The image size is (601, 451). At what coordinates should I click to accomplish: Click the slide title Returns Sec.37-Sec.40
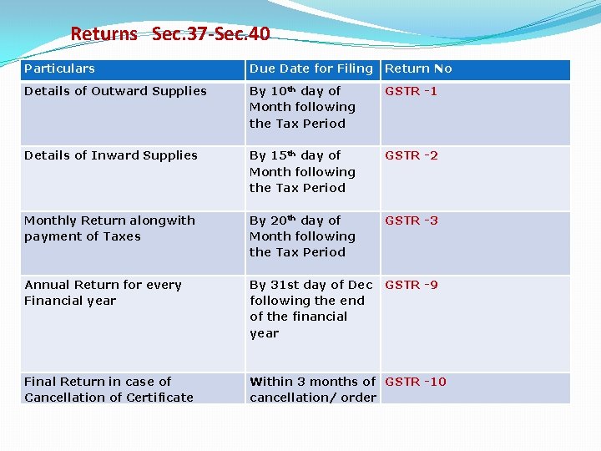170,34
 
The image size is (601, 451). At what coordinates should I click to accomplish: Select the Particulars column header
59,68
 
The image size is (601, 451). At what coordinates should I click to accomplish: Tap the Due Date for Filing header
311,68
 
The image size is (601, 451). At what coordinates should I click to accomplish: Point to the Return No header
418,68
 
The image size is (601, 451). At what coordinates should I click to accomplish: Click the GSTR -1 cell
411,91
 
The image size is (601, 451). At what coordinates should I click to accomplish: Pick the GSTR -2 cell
411,155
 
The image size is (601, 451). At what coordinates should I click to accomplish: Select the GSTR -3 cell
411,220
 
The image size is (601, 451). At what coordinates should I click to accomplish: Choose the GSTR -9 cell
411,285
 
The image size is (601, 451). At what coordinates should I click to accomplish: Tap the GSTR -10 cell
416,382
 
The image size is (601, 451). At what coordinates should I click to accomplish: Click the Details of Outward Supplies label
115,91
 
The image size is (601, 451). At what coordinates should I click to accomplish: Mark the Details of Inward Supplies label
111,155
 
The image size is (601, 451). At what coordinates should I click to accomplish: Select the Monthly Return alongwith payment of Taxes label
109,228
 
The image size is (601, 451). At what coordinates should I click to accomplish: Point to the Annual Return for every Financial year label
103,292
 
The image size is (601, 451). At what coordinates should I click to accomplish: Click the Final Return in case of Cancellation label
109,389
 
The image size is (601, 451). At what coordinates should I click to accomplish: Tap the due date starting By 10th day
302,107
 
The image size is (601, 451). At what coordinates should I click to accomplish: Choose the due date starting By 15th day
302,172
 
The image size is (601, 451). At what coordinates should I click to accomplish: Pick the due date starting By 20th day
302,236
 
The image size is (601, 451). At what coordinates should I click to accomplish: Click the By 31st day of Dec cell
311,308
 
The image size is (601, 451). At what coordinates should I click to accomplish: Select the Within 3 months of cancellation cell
313,389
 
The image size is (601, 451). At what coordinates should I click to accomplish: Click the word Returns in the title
104,34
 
